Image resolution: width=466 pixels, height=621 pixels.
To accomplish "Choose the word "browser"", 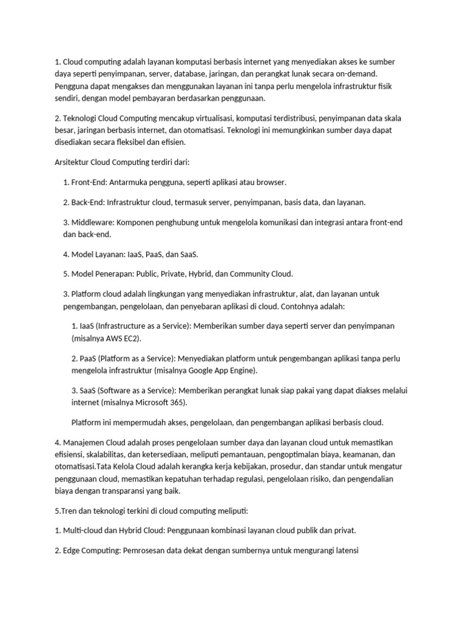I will pyautogui.click(x=271, y=182).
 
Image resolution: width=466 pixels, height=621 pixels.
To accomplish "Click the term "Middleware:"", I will pyautogui.click(x=95, y=222).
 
